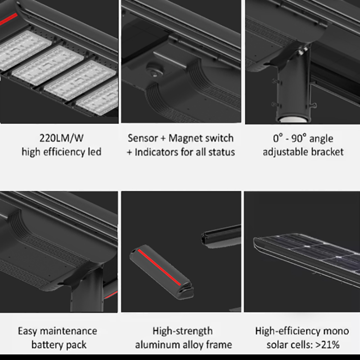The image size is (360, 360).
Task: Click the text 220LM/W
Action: click(61, 138)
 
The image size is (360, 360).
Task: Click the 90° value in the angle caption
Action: click(299, 139)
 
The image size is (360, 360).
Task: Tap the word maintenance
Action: click(68, 331)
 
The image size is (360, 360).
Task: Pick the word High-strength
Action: click(183, 331)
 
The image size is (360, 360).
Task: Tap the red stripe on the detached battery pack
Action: click(159, 267)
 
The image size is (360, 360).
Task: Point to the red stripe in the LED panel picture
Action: click(9, 19)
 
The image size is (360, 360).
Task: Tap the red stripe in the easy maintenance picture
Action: click(110, 295)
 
